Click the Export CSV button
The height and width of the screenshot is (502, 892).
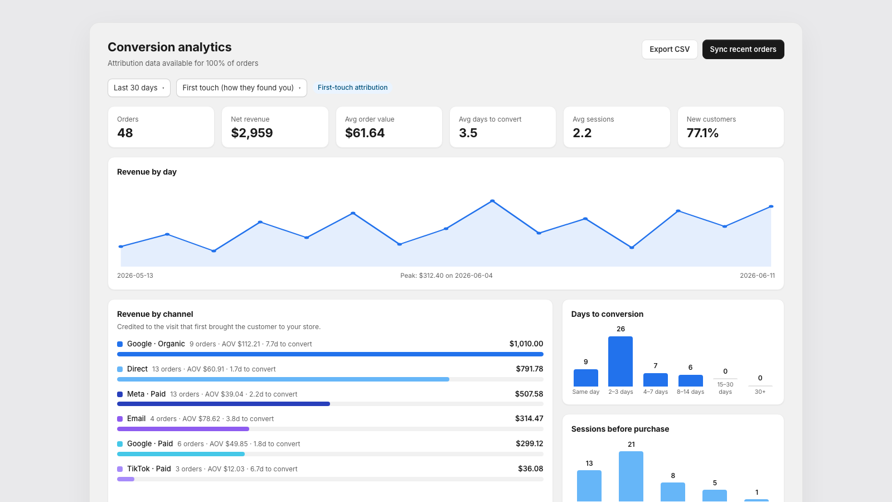pyautogui.click(x=670, y=50)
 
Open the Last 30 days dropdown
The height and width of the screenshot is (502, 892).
pyautogui.click(x=139, y=88)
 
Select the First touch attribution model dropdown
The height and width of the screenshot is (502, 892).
pyautogui.click(x=241, y=88)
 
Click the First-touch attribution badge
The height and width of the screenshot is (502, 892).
pyautogui.click(x=352, y=88)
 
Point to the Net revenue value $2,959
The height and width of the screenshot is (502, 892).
pyautogui.click(x=251, y=133)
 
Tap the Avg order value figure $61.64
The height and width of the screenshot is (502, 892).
pyautogui.click(x=365, y=133)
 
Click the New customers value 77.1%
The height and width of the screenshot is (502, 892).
pyautogui.click(x=702, y=133)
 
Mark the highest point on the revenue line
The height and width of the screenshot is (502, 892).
pyautogui.click(x=492, y=201)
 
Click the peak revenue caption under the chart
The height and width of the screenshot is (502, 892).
pyautogui.click(x=446, y=276)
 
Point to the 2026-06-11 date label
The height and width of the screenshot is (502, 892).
pyautogui.click(x=757, y=276)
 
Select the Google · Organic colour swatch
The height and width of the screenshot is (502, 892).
pyautogui.click(x=120, y=344)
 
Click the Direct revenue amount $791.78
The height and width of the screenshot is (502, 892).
pyautogui.click(x=529, y=369)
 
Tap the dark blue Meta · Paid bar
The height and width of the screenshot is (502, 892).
pyautogui.click(x=224, y=404)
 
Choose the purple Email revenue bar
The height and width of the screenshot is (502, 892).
pyautogui.click(x=183, y=429)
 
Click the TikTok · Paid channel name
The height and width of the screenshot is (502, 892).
pyautogui.click(x=149, y=469)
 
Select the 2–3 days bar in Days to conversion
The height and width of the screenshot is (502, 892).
pyautogui.click(x=620, y=361)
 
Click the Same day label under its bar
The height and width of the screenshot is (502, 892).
pyautogui.click(x=585, y=392)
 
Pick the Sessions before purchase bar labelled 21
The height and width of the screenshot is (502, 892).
pyautogui.click(x=631, y=476)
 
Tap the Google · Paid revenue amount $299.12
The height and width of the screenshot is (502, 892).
pyautogui.click(x=529, y=444)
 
